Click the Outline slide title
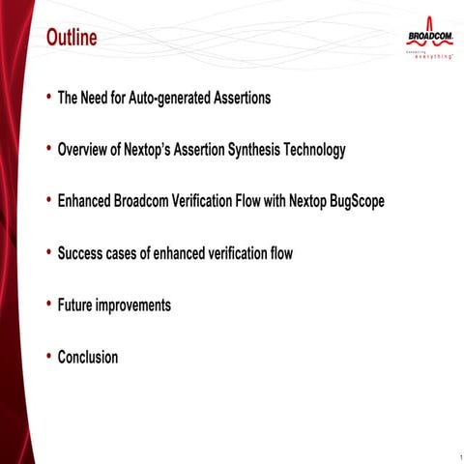pyautogui.click(x=72, y=39)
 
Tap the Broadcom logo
pyautogui.click(x=429, y=37)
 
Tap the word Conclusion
pyautogui.click(x=88, y=358)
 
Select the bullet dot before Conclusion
pyautogui.click(x=48, y=357)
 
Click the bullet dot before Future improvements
pyautogui.click(x=48, y=304)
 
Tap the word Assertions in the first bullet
pyautogui.click(x=239, y=98)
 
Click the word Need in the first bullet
pyautogui.click(x=101, y=98)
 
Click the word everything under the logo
pyautogui.click(x=435, y=57)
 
